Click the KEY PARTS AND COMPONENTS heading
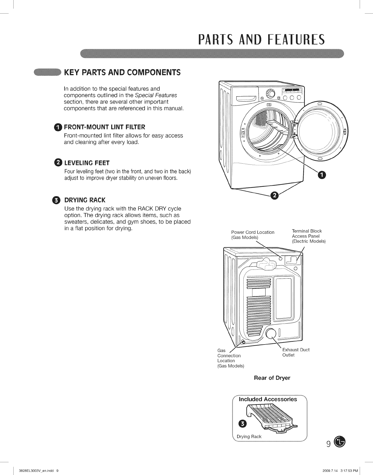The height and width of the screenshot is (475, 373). tap(123, 72)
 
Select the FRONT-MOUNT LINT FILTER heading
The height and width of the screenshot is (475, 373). tap(104, 127)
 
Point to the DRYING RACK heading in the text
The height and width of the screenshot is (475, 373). tap(85, 200)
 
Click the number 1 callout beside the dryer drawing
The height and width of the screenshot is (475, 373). tap(321, 175)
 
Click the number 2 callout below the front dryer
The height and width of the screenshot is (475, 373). tap(275, 195)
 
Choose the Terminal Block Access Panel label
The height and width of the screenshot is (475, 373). tap(308, 236)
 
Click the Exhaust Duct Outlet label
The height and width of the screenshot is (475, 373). tap(296, 352)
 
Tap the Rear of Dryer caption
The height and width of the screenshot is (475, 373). tap(272, 378)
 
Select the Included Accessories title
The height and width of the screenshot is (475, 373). tap(268, 399)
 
